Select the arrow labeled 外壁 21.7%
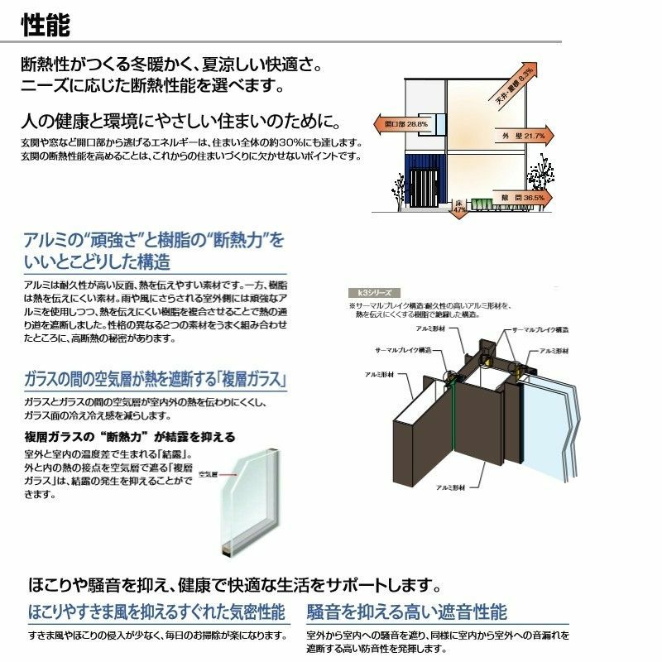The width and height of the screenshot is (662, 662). click(x=522, y=135)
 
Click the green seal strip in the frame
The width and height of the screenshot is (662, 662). click(x=454, y=414)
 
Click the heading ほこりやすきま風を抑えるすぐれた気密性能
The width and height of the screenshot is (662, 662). click(x=156, y=612)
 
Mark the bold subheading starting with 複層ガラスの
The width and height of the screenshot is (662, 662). click(x=130, y=436)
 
